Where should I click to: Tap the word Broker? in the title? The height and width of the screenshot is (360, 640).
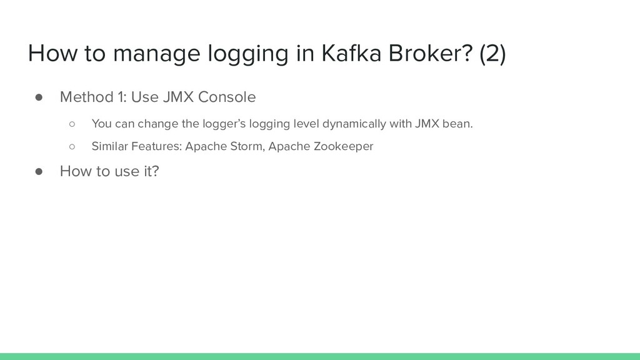tap(427, 54)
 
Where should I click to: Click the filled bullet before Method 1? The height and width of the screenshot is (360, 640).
tap(38, 97)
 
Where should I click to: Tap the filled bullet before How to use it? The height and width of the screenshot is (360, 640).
tap(38, 171)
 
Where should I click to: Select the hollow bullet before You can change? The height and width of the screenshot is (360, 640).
tap(72, 123)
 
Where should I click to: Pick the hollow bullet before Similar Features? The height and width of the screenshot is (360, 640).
tap(72, 147)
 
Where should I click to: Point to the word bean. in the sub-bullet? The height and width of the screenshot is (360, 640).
tap(457, 123)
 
